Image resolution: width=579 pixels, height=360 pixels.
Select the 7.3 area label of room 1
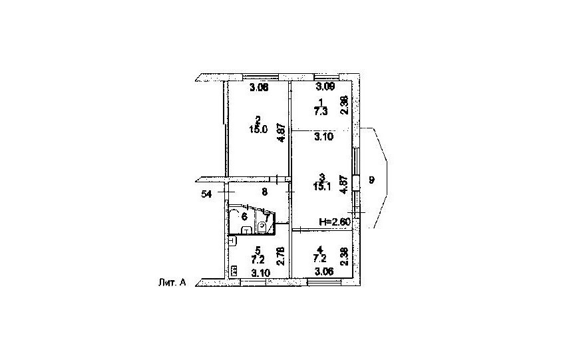pos(321,112)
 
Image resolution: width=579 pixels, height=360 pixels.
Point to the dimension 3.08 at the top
pos(258,87)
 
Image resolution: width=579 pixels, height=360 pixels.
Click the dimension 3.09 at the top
pos(325,87)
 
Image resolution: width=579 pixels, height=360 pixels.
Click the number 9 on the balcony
pos(371,179)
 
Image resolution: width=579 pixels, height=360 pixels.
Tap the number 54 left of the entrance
pos(206,194)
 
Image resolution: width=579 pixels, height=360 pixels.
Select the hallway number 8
pos(264,192)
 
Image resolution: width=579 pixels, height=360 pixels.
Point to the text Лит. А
pos(169,281)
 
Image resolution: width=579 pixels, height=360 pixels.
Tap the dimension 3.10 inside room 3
pos(323,136)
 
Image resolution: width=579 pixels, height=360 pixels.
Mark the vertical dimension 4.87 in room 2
pos(282,130)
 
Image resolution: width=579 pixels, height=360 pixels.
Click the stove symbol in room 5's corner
pos(234,270)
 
